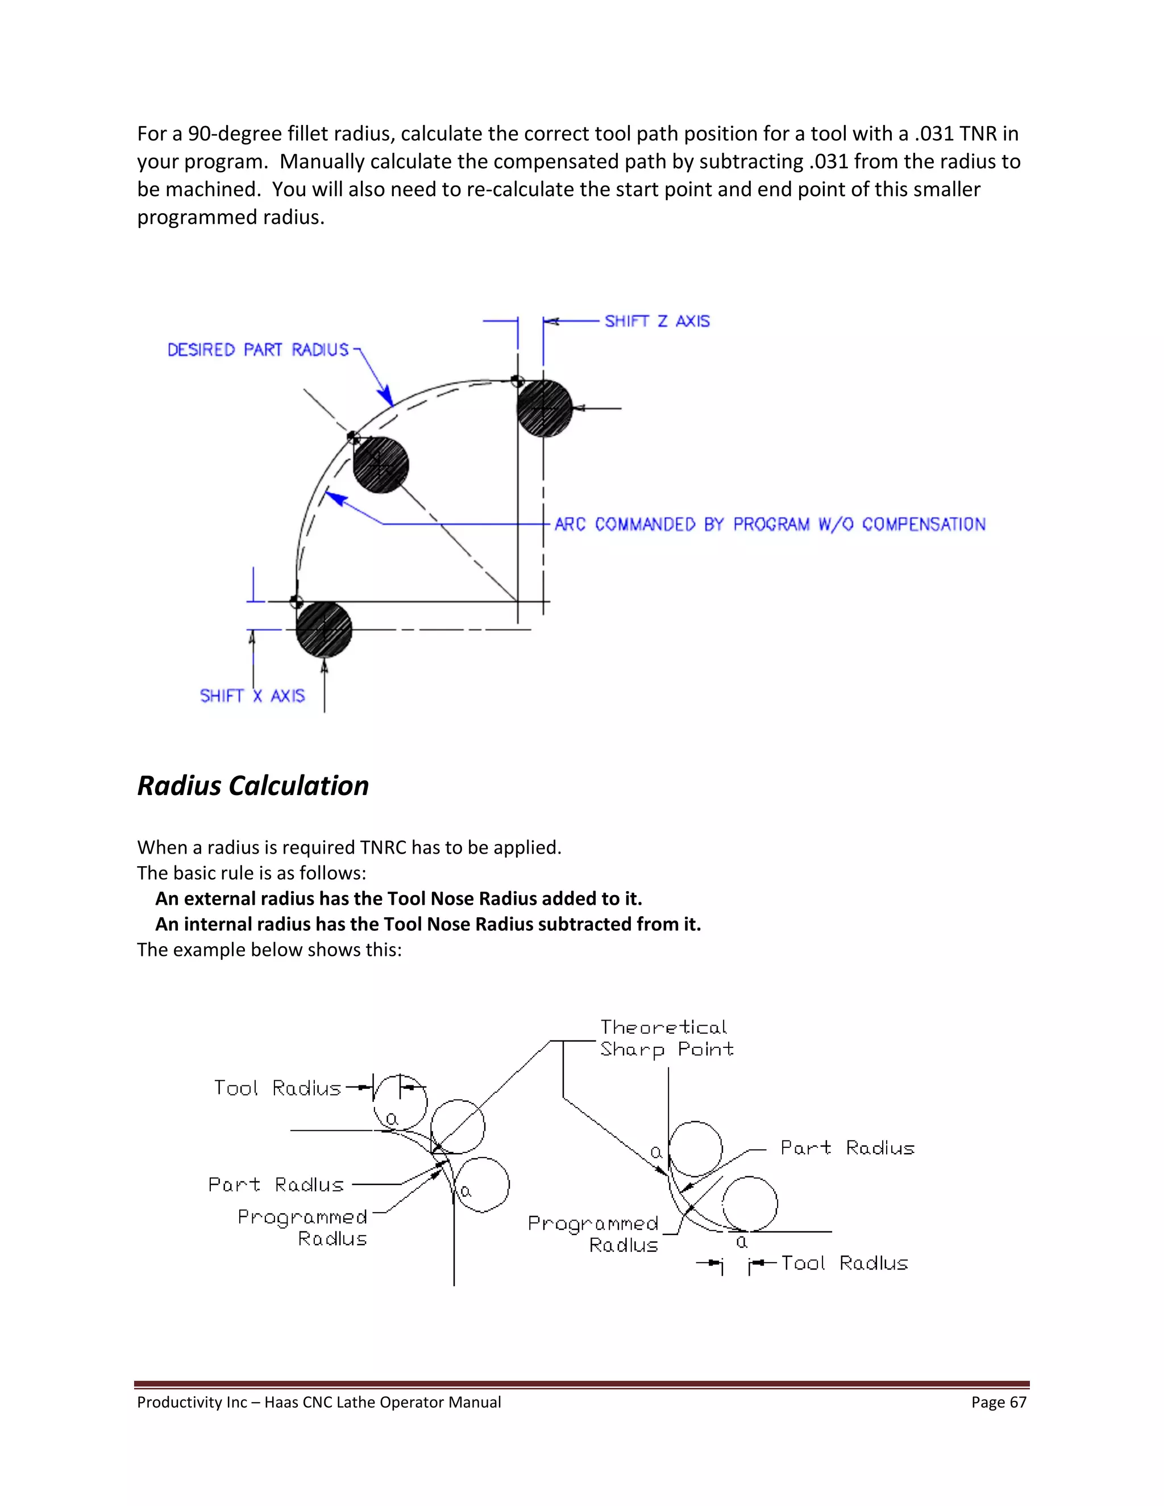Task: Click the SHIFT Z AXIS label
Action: [x=656, y=321]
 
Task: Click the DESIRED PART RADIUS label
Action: [x=258, y=350]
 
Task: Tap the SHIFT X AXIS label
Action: [x=252, y=696]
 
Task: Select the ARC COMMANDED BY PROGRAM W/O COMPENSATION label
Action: [x=770, y=524]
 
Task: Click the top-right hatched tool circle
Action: [x=544, y=408]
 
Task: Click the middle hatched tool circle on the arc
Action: [x=381, y=465]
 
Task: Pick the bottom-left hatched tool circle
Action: [x=323, y=629]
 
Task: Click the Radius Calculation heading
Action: [x=252, y=785]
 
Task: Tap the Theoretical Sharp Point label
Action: [x=666, y=1038]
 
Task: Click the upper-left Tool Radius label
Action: [x=277, y=1088]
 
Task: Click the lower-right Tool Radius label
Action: [x=844, y=1263]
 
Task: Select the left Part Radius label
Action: [x=276, y=1185]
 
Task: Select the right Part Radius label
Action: [x=847, y=1148]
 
